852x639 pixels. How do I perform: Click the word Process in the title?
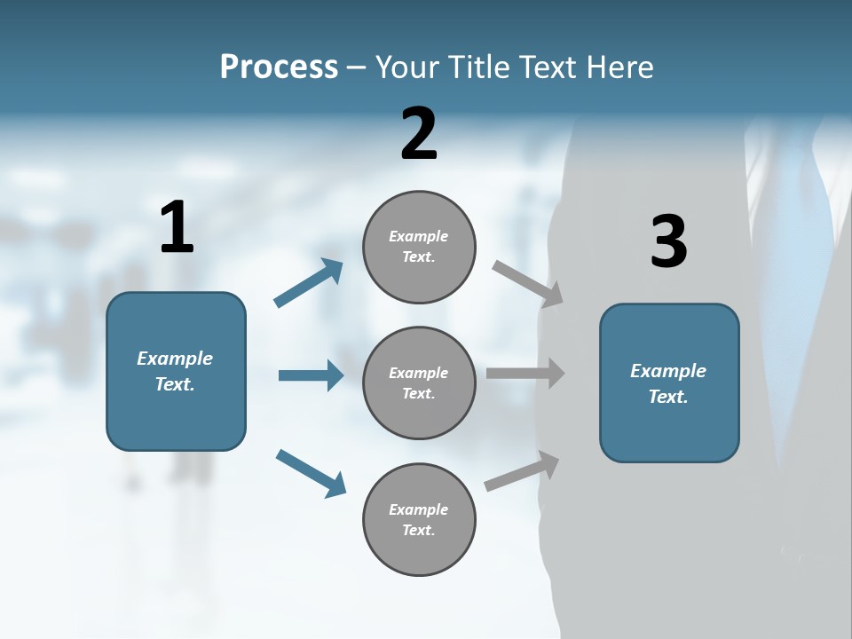coord(279,67)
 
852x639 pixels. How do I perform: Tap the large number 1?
coord(177,228)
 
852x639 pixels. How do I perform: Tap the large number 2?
coord(419,134)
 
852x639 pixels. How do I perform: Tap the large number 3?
coord(668,241)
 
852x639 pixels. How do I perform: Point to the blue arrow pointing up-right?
coord(309,283)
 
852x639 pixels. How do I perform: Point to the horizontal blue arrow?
coord(311,375)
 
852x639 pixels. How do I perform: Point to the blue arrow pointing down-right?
coord(311,473)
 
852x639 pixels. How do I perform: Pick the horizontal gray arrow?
coord(525,374)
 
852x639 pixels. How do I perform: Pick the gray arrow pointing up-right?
coord(523,471)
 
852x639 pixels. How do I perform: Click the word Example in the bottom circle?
coord(418,509)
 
